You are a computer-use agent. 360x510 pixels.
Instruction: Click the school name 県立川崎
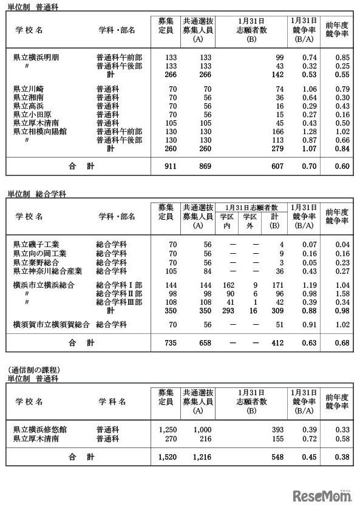29,89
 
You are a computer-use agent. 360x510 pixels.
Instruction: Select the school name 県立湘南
29,97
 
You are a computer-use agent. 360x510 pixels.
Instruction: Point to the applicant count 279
276,148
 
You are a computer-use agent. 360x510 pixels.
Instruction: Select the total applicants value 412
277,342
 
